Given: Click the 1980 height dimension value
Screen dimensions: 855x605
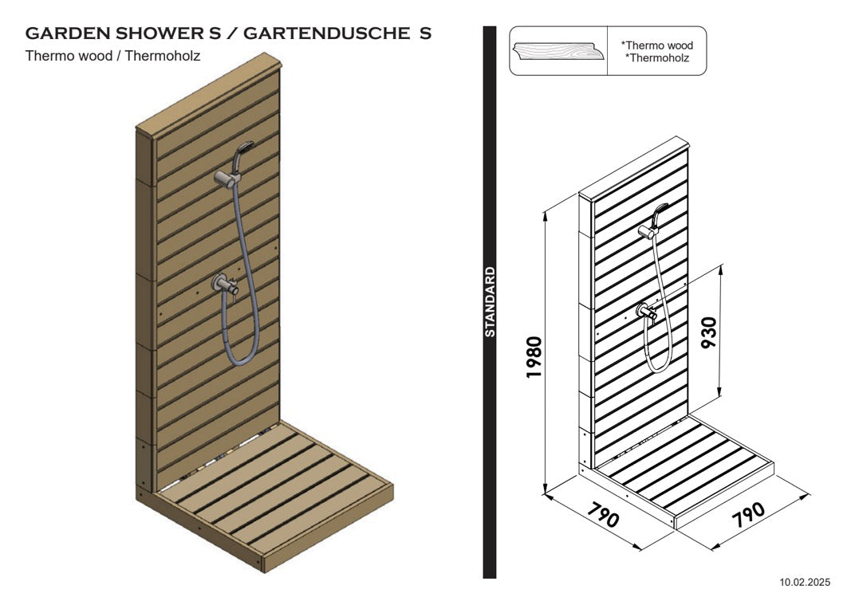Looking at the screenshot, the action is [x=534, y=357].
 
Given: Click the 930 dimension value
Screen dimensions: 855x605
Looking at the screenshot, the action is [x=708, y=332].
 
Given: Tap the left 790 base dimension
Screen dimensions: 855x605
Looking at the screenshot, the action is [x=603, y=514].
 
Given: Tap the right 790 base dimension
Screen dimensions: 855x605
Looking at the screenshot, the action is [x=748, y=514].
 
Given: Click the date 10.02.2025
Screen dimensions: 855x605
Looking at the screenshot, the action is [x=804, y=582].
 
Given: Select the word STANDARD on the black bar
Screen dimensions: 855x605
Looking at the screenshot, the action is [x=490, y=302].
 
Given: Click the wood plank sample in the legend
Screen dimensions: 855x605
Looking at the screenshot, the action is [x=558, y=51].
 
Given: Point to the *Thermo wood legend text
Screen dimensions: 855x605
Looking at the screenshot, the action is [x=657, y=45].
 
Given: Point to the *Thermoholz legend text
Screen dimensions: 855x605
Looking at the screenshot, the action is [x=657, y=57].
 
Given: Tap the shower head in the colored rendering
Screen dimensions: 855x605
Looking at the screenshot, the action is [x=243, y=149].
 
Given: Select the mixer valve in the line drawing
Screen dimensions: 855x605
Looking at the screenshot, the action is [x=646, y=312].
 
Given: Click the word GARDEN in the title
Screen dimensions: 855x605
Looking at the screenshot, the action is [x=68, y=33].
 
